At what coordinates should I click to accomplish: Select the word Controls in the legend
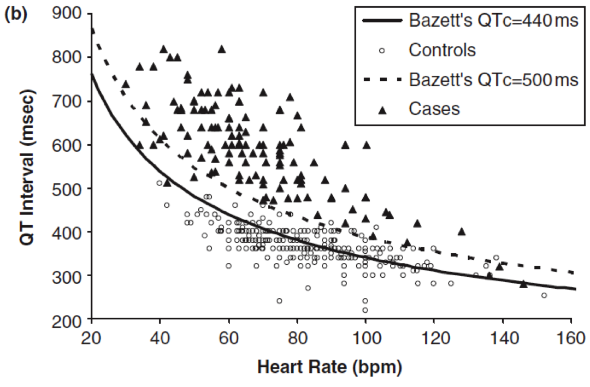pyautogui.click(x=442, y=51)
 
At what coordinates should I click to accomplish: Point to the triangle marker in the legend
pyautogui.click(x=383, y=110)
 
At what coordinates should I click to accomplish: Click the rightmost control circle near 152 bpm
pyautogui.click(x=544, y=295)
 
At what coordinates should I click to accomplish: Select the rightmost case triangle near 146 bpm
pyautogui.click(x=523, y=284)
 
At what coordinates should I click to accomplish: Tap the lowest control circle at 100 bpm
pyautogui.click(x=365, y=310)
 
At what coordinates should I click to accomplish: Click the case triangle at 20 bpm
pyautogui.click(x=92, y=31)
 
